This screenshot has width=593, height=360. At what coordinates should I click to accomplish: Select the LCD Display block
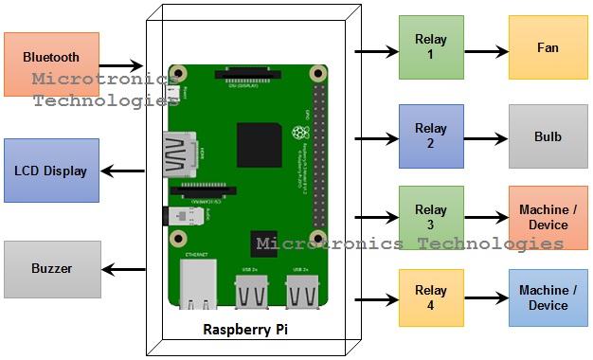(x=51, y=171)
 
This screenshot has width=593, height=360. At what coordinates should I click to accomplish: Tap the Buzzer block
(x=51, y=269)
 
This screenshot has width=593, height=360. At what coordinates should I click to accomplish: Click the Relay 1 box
(x=431, y=46)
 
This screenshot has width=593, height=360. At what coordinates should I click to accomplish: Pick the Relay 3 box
(x=431, y=217)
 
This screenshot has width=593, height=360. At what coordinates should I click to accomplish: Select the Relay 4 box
(x=431, y=298)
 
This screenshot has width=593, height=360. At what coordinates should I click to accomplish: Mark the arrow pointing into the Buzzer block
(x=124, y=269)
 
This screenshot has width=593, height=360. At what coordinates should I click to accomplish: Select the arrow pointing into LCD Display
(x=124, y=171)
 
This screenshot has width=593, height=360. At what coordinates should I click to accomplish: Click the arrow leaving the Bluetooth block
(x=123, y=65)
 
